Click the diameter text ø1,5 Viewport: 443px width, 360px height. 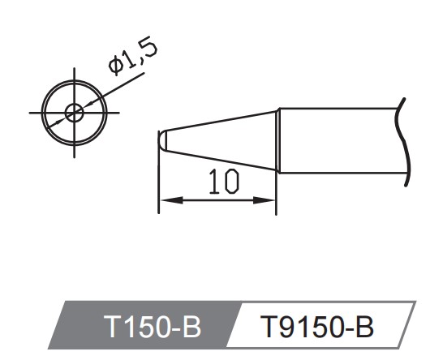(x=132, y=56)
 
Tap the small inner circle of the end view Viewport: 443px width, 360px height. (x=74, y=112)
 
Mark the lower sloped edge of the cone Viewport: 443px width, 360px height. (x=219, y=161)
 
